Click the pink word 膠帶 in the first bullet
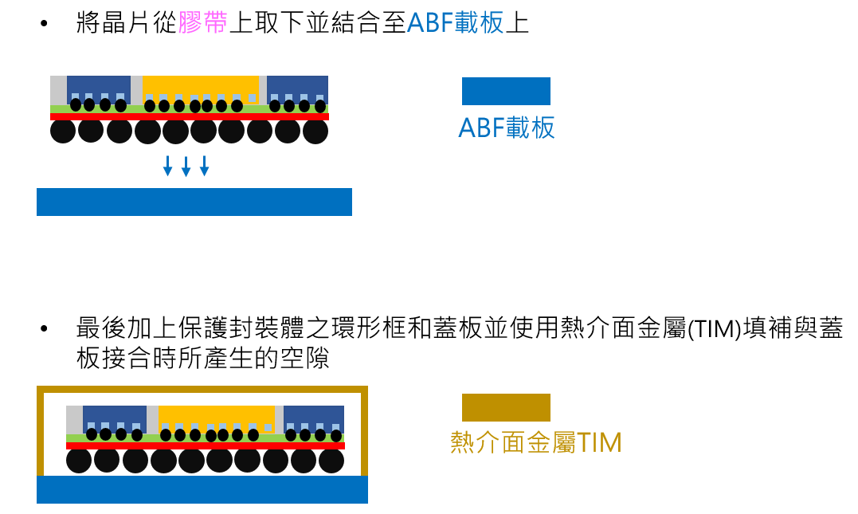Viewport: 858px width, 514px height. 203,23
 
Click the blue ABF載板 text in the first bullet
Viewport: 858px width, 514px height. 456,23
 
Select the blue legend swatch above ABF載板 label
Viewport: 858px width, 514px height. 506,91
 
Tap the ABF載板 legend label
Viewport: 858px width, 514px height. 507,128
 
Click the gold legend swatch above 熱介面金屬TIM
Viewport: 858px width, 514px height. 506,407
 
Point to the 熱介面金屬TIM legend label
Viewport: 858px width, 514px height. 535,442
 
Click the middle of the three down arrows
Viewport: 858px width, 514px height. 186,166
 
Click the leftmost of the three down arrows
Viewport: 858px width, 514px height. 167,166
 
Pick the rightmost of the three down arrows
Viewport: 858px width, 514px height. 204,166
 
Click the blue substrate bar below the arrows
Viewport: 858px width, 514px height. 194,202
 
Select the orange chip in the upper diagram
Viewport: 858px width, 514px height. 201,86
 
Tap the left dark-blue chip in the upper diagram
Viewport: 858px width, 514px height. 98,86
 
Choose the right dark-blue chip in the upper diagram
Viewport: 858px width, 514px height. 297,86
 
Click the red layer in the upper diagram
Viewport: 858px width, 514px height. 190,116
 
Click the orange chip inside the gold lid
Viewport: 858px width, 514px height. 217,415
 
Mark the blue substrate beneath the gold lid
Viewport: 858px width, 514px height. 202,489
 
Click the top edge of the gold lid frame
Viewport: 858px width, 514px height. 202,390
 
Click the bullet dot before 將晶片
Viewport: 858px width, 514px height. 44,24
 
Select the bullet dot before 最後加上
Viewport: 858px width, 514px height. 44,328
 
